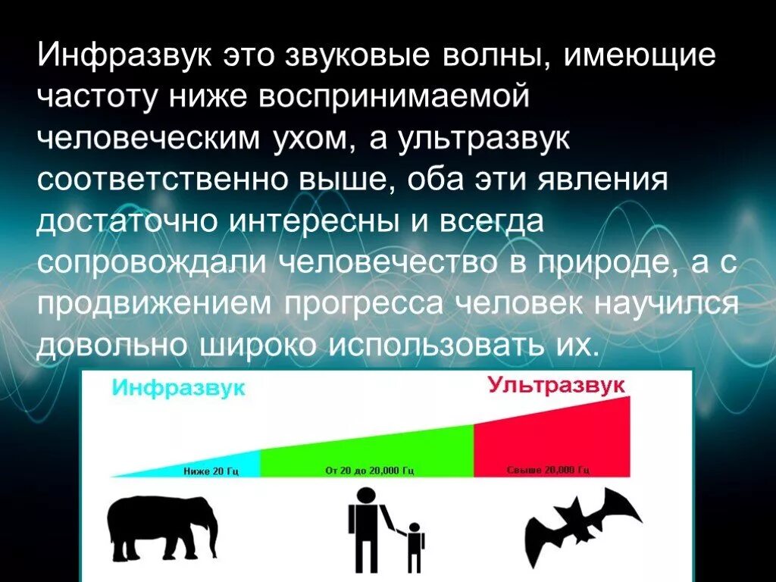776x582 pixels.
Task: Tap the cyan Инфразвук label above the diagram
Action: coord(179,388)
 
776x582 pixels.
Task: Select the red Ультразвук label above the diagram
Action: coord(557,384)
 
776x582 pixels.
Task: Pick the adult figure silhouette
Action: coord(364,523)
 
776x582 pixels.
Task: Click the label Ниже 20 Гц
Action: coord(211,471)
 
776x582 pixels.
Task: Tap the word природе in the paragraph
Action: coord(605,262)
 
